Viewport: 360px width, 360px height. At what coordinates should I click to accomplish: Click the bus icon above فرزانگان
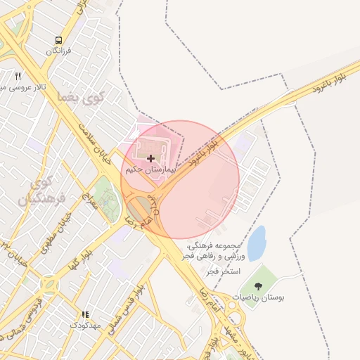(58, 40)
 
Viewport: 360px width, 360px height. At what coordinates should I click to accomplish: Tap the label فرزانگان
(59, 51)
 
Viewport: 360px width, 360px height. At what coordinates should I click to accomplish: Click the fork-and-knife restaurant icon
(18, 76)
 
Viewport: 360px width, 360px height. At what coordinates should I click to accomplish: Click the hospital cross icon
(150, 159)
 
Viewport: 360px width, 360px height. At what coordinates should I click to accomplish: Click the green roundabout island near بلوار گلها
(50, 286)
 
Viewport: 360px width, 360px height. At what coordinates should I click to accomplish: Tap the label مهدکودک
(86, 326)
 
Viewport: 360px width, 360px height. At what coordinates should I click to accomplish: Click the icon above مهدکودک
(86, 314)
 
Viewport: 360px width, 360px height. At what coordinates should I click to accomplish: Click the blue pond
(257, 242)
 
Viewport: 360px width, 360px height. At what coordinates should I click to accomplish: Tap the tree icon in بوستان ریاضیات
(259, 285)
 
